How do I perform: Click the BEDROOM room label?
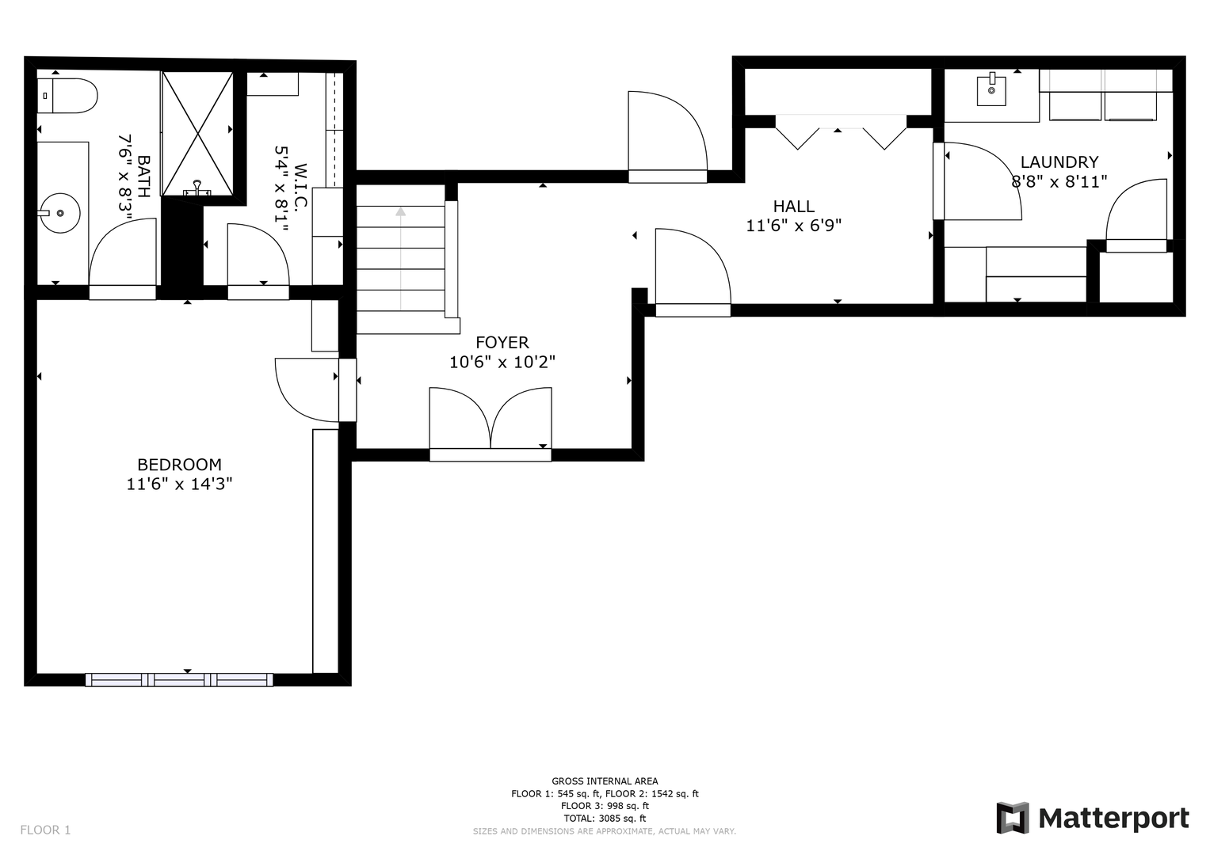click(179, 465)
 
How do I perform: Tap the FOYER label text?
click(502, 342)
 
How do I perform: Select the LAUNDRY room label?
click(1059, 162)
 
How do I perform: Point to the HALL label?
click(793, 206)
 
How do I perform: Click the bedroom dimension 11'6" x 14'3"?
click(179, 484)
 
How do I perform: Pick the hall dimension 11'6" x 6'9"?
click(793, 225)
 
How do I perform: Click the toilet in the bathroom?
click(67, 96)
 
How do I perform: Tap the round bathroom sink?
click(60, 213)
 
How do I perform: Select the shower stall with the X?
click(198, 133)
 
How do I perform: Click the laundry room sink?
click(991, 90)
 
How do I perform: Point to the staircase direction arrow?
click(400, 259)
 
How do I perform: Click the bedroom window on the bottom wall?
click(179, 679)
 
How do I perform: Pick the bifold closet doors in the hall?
click(841, 132)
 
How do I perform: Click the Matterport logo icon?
click(1012, 818)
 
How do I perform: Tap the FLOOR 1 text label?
click(45, 830)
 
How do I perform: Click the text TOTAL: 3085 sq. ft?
click(605, 819)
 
